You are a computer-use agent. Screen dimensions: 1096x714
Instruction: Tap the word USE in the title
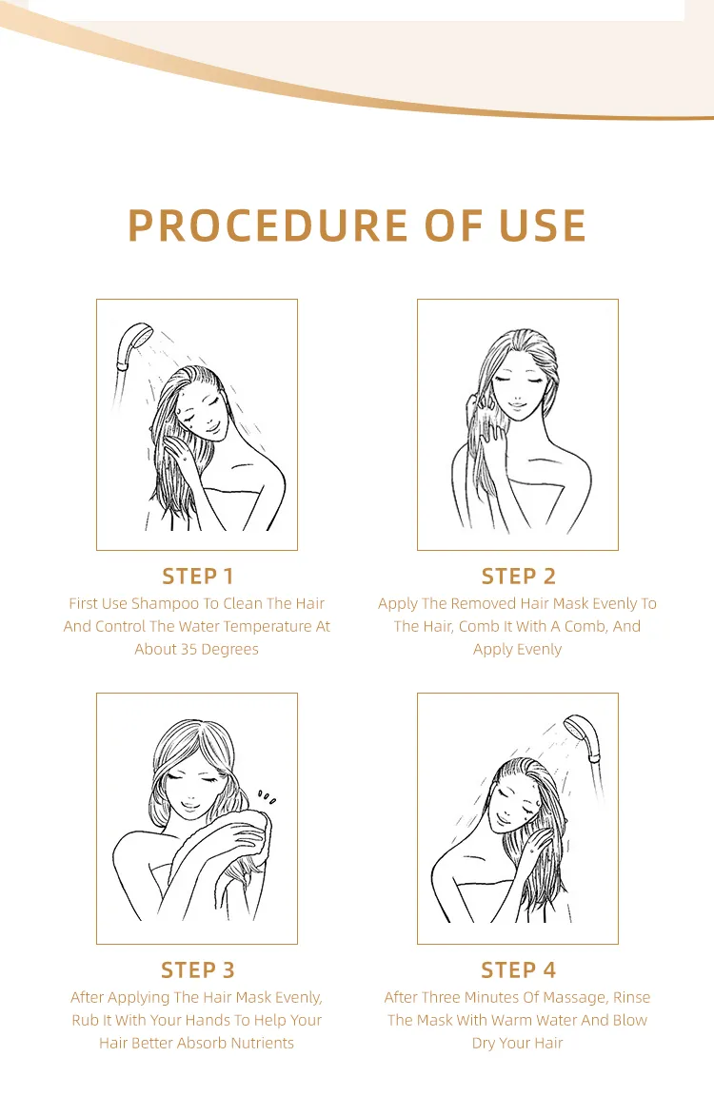[541, 225]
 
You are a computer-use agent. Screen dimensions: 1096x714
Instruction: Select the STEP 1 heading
[197, 576]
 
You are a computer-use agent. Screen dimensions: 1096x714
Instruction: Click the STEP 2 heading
[518, 576]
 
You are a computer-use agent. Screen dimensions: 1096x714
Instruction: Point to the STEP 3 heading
[197, 969]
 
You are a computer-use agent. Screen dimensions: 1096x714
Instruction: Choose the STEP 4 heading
[518, 969]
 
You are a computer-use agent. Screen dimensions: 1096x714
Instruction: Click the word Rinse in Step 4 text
[631, 997]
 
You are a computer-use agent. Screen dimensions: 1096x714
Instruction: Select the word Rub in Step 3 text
[85, 1020]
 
